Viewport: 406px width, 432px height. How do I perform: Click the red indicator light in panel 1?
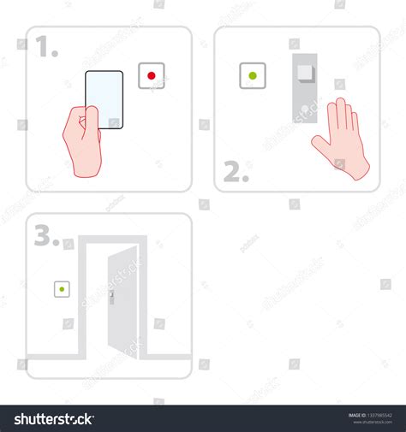(x=152, y=76)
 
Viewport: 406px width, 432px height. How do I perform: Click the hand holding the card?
(x=81, y=140)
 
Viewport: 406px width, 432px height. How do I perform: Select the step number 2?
(x=236, y=172)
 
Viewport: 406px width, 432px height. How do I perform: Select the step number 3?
(x=46, y=235)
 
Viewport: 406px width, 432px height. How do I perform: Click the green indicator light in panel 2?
(x=252, y=75)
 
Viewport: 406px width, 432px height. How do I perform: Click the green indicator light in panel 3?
(x=62, y=290)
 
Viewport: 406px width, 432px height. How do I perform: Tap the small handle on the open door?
(x=111, y=298)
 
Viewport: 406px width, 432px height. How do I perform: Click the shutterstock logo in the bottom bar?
(x=48, y=418)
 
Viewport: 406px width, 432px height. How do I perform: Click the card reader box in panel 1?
(x=152, y=76)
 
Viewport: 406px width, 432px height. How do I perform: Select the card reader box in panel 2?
(x=252, y=75)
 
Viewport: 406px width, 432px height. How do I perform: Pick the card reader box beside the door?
(x=62, y=290)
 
